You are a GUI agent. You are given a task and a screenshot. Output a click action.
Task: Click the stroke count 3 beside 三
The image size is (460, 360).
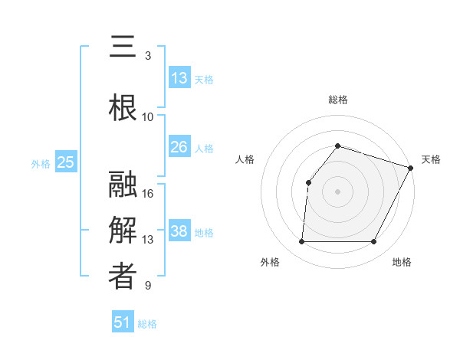148,56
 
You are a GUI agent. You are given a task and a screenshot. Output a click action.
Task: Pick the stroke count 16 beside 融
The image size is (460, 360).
148,194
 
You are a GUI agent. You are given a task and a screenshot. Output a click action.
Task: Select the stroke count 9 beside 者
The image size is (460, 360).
148,286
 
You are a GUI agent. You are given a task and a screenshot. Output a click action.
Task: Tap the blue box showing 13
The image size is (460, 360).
179,78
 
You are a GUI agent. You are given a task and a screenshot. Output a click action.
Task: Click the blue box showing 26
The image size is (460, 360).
179,147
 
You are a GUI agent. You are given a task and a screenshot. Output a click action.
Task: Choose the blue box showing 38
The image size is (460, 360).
179,231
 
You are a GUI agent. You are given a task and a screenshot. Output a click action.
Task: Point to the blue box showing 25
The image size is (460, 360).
66,162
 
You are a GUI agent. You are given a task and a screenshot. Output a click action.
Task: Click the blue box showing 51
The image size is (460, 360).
123,322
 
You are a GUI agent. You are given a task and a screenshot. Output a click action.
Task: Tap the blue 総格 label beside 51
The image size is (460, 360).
147,324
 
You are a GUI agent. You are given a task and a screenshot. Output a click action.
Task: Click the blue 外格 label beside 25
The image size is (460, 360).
41,163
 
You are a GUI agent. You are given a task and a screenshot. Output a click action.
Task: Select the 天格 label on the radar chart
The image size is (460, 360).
431,159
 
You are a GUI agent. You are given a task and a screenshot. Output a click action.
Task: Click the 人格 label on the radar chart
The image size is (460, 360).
245,159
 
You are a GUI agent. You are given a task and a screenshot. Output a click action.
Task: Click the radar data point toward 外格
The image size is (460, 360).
301,242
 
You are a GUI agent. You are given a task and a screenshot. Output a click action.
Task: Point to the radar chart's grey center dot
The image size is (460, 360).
337,191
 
